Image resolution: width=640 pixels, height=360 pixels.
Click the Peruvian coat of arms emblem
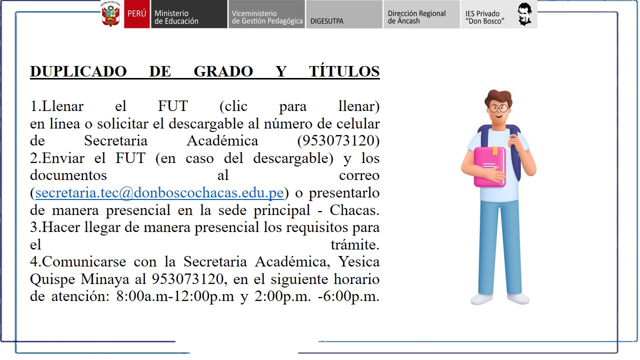tap(110, 14)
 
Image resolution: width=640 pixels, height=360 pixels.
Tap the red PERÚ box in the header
tap(137, 14)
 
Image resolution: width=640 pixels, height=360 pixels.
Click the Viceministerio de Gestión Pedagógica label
tap(267, 17)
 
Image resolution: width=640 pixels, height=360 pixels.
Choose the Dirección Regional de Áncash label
tap(416, 17)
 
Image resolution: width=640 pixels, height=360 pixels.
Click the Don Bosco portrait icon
tap(524, 14)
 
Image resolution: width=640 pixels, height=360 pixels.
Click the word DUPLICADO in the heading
tap(78, 72)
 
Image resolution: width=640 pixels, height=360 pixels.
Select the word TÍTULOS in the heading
tap(344, 72)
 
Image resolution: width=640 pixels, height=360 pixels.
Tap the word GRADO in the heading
tap(223, 72)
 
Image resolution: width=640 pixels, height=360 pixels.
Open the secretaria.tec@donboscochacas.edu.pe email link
tap(159, 193)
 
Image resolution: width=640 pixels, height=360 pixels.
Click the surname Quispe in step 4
tap(51, 279)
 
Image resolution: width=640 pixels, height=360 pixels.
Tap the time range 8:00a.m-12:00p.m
tap(175, 296)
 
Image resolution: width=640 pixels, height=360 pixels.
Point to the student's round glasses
tap(498, 107)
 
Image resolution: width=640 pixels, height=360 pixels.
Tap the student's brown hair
tap(498, 96)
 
